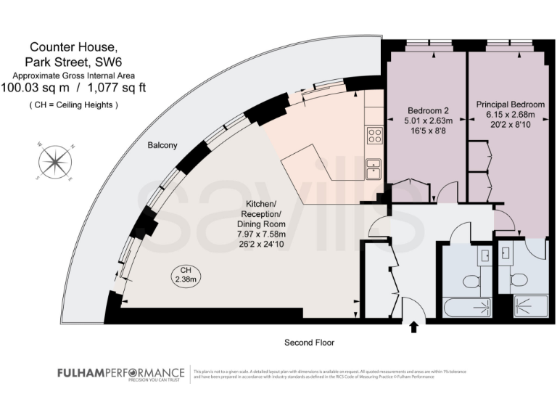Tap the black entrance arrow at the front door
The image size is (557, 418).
pos(414,327)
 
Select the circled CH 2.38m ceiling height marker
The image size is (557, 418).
pos(185,274)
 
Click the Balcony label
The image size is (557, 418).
pos(162,145)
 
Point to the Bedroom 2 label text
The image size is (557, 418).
pos(427,110)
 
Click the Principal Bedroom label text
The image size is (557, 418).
pos(505,104)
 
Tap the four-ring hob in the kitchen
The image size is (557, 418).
pos(375,135)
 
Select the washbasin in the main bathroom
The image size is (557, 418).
pos(484,255)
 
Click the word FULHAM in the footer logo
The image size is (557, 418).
pos(82,372)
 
